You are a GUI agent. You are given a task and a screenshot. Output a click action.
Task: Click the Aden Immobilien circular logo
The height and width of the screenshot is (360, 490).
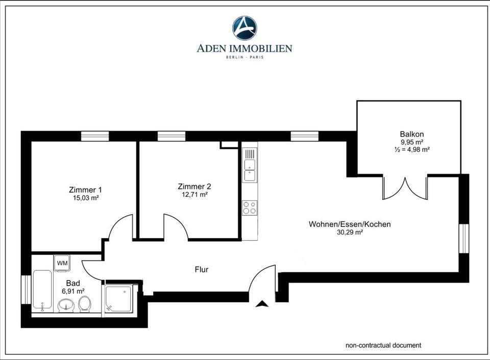click(244, 28)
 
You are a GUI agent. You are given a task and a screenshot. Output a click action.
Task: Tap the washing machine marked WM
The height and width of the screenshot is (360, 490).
click(62, 263)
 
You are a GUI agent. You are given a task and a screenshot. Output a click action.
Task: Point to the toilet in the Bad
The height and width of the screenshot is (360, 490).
click(84, 304)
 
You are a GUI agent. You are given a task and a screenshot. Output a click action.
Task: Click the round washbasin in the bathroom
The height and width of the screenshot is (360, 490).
click(66, 305)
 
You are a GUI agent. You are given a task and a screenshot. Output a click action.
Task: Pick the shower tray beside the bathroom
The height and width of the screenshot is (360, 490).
click(118, 298)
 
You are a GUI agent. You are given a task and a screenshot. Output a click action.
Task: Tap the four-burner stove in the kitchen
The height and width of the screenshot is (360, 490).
click(250, 208)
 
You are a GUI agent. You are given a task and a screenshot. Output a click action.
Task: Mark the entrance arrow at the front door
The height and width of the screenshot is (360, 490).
click(262, 304)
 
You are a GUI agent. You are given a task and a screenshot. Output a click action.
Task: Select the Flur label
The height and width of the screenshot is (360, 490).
click(202, 269)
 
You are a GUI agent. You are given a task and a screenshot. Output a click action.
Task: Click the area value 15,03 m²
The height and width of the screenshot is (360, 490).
click(86, 198)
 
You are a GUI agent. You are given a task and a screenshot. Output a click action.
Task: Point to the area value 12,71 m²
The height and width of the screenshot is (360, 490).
click(194, 194)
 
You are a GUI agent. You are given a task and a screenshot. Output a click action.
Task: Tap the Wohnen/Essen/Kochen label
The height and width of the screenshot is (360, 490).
click(350, 224)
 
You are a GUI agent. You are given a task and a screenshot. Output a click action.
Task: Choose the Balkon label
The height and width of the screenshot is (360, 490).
click(412, 134)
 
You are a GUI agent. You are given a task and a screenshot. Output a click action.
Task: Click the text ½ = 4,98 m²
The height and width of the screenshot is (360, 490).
click(412, 149)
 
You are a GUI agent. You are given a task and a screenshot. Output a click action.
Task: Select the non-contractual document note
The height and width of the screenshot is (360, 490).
click(383, 345)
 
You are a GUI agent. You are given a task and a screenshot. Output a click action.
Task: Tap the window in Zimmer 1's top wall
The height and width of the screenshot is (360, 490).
click(95, 136)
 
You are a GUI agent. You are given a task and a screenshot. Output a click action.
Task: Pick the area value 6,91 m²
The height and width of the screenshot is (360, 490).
click(73, 291)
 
